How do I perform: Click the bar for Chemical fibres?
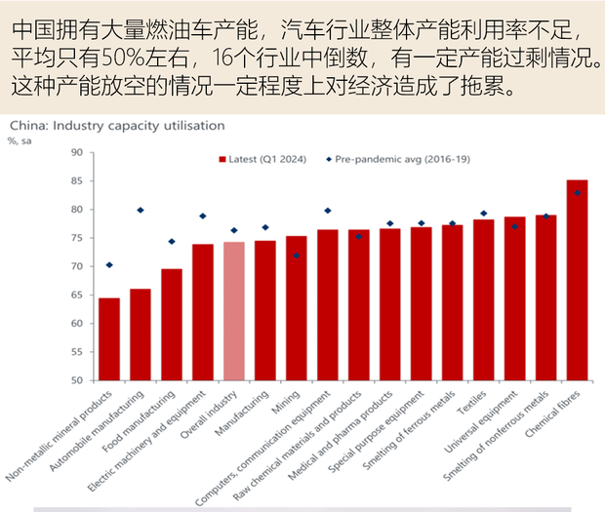pyautogui.click(x=577, y=281)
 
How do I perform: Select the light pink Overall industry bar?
pyautogui.click(x=234, y=311)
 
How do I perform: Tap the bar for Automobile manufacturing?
pyautogui.click(x=141, y=335)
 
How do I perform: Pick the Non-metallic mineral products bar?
pyautogui.click(x=109, y=339)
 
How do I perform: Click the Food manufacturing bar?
pyautogui.click(x=172, y=325)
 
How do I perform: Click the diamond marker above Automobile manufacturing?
pyautogui.click(x=141, y=210)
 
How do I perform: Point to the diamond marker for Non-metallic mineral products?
pyautogui.click(x=109, y=265)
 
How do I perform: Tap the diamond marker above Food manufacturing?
pyautogui.click(x=172, y=241)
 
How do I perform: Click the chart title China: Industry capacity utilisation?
pyautogui.click(x=117, y=125)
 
